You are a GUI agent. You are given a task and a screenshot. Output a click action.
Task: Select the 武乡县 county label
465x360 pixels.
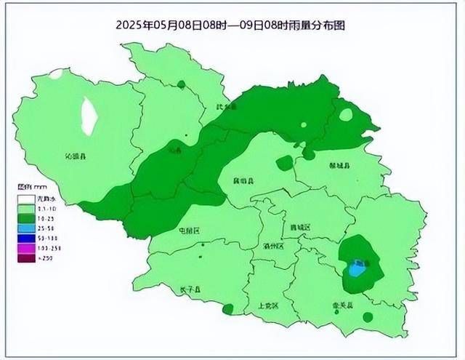click(227, 108)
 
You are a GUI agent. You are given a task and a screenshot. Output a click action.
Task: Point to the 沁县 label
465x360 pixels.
click(174, 151)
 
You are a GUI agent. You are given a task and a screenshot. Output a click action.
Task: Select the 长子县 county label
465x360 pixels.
click(190, 290)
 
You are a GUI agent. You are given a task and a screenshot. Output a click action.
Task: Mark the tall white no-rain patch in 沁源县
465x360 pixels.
click(89, 116)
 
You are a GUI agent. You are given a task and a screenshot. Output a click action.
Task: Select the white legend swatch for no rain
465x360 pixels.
click(25, 199)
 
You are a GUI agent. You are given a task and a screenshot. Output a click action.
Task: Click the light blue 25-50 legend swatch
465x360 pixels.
click(25, 227)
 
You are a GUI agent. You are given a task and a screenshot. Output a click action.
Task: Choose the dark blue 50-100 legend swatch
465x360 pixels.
click(25, 237)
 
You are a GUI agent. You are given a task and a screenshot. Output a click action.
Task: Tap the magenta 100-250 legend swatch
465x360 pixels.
click(25, 248)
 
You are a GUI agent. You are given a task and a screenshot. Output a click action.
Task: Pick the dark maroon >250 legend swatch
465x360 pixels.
click(25, 258)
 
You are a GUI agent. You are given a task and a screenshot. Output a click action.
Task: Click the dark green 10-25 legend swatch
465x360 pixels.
click(25, 217)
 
